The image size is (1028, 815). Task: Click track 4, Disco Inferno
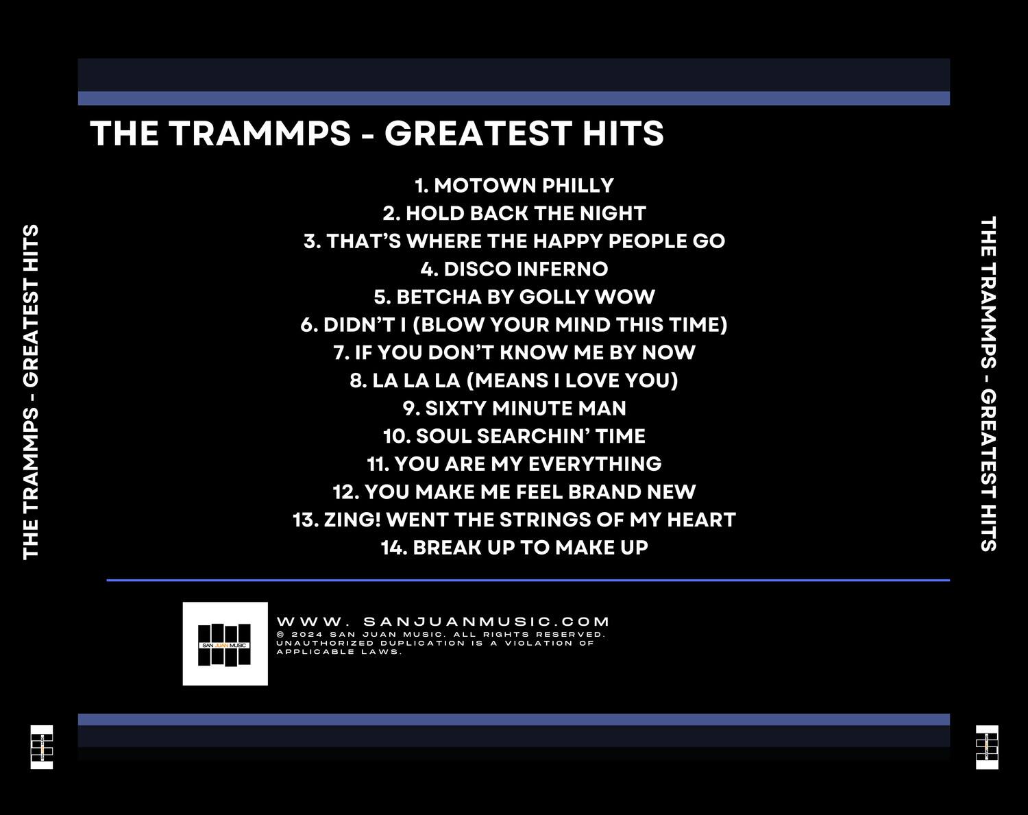(514, 269)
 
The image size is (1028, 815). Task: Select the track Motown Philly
(514, 185)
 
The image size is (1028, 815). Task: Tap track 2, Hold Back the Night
(514, 213)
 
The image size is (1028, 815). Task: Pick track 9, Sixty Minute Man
(514, 409)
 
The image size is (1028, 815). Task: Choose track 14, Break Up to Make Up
(514, 548)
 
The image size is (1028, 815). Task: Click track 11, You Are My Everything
(514, 464)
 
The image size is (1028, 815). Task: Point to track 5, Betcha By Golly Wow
(514, 297)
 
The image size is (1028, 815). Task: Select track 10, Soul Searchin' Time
(514, 436)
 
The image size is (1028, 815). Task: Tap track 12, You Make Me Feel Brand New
(514, 492)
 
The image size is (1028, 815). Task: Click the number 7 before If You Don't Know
(340, 353)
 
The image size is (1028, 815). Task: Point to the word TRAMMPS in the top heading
(260, 134)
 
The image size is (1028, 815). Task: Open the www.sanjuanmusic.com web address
(443, 622)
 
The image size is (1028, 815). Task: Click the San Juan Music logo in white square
(225, 644)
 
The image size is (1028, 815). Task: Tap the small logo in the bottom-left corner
(42, 747)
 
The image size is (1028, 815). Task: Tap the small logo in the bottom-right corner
(987, 747)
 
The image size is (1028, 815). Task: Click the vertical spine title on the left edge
(31, 391)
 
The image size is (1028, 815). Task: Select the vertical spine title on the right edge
(988, 384)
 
